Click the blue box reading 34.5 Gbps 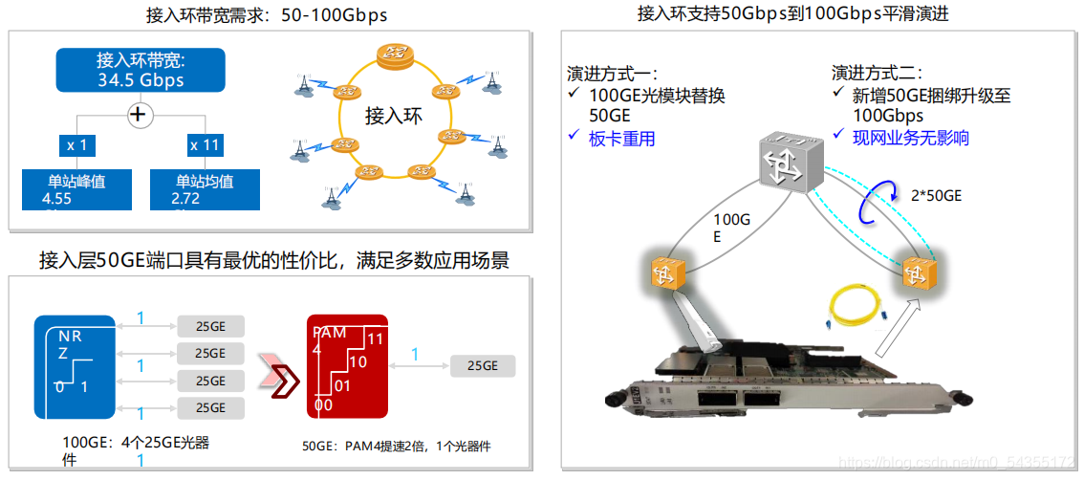click(x=141, y=71)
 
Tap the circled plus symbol click(x=141, y=115)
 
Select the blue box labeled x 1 click(x=77, y=144)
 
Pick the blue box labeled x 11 click(x=205, y=144)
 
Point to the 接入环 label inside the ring click(x=393, y=117)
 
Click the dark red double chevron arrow click(x=279, y=377)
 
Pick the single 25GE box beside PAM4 click(x=482, y=365)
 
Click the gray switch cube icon click(x=791, y=161)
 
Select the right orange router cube click(x=918, y=273)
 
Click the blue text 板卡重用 click(x=622, y=138)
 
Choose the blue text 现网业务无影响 click(x=911, y=138)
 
